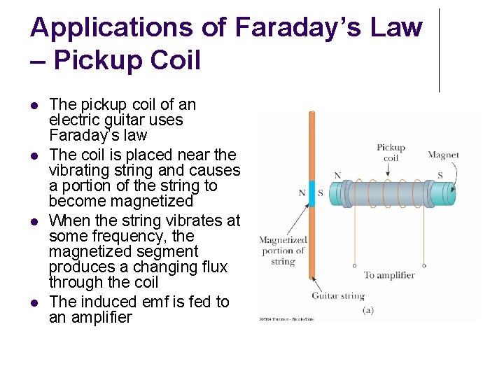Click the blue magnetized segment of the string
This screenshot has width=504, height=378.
coord(313,193)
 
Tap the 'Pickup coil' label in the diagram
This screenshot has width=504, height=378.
coord(391,153)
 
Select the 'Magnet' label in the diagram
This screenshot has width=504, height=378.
coord(443,155)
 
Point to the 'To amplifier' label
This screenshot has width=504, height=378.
coord(389,275)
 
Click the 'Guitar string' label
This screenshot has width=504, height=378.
coord(338,296)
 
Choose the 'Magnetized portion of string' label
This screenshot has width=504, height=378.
coord(283,251)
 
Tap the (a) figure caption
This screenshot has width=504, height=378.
coord(367,309)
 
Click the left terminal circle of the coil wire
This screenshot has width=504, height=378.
coord(355,266)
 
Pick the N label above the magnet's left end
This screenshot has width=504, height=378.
coord(337,176)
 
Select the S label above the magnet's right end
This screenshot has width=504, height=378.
coord(440,175)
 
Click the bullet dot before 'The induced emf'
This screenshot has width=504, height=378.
coord(34,302)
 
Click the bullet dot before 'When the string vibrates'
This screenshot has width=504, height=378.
coord(34,221)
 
